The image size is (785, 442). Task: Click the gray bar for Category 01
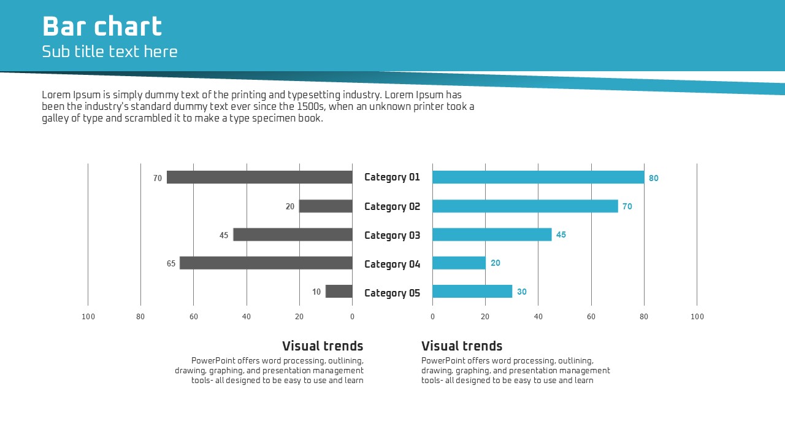click(x=259, y=177)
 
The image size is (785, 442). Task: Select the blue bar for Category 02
click(x=525, y=206)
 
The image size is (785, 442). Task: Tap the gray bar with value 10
click(x=339, y=292)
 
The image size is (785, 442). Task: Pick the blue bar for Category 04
click(x=459, y=263)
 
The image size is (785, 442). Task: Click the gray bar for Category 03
click(x=293, y=235)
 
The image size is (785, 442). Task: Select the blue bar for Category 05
click(x=472, y=292)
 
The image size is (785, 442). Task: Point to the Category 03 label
click(x=392, y=235)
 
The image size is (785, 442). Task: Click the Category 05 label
click(x=392, y=293)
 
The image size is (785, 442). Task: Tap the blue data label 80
click(x=654, y=178)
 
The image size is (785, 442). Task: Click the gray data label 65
click(x=171, y=264)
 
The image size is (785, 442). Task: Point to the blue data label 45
click(x=561, y=235)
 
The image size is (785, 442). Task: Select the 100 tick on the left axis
click(x=88, y=317)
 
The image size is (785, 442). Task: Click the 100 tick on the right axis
click(x=697, y=317)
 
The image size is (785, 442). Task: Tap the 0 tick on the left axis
click(x=352, y=317)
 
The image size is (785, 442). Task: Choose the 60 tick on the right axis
click(x=591, y=317)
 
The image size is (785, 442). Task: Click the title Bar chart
click(x=102, y=27)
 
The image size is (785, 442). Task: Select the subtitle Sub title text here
click(x=110, y=52)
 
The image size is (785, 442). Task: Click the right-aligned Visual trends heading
click(x=323, y=346)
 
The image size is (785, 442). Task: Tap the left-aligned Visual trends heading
click(x=462, y=346)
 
